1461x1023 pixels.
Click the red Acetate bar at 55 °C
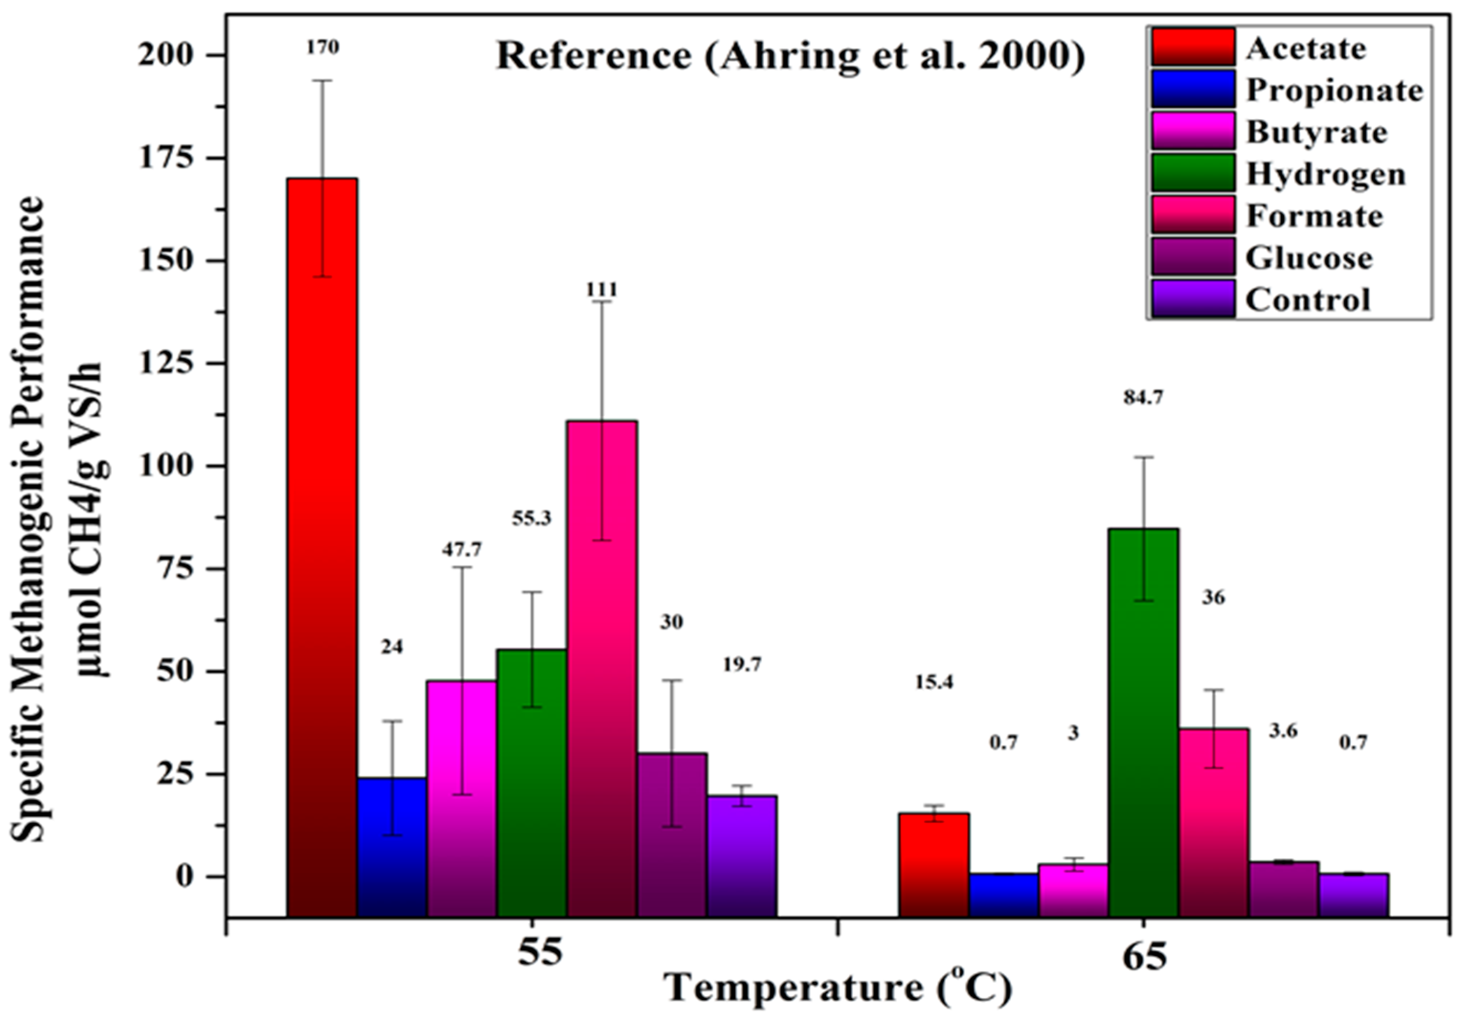[322, 547]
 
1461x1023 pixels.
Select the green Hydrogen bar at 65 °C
[1144, 722]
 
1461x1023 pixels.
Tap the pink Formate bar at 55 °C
[602, 668]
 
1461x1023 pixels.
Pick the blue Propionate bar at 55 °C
[392, 846]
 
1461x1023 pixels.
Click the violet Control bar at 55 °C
[742, 856]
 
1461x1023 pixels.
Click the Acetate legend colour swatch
[1192, 47]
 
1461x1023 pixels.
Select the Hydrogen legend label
[1326, 174]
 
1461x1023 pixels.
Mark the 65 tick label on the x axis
[1144, 956]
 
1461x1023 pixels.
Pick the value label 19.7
[742, 665]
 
